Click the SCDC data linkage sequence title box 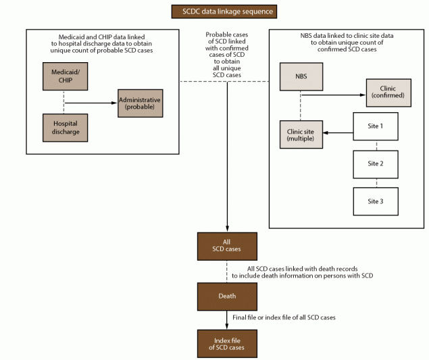(x=214, y=11)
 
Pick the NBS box (x=301, y=76)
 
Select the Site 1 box (x=376, y=126)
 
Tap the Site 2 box (x=376, y=163)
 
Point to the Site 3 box (x=376, y=201)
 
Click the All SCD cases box (x=227, y=247)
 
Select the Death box (x=227, y=295)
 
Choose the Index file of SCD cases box (x=227, y=343)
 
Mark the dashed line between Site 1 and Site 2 (x=376, y=145)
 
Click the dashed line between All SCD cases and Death (x=227, y=271)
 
